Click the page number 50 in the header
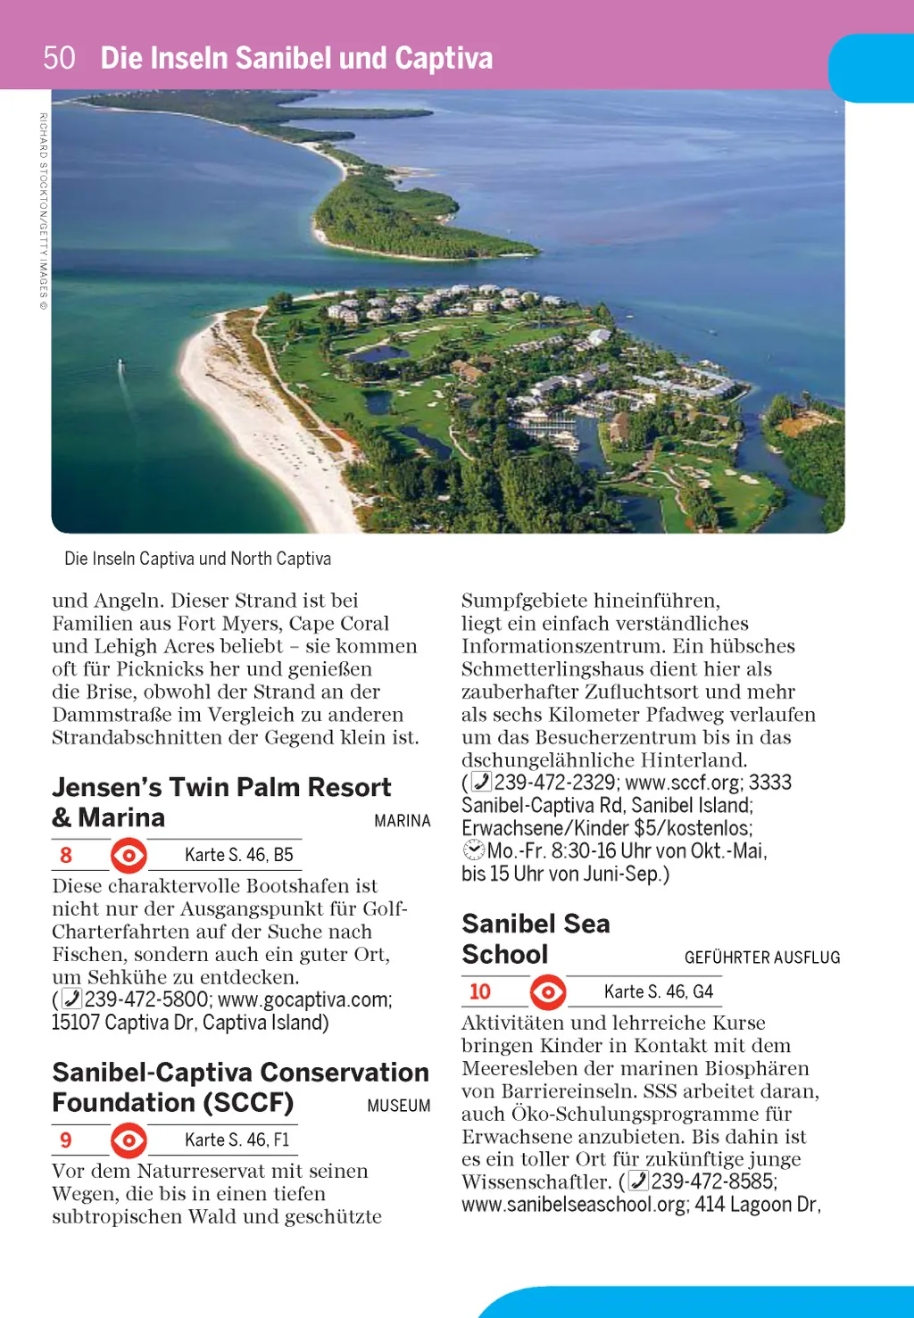click(59, 58)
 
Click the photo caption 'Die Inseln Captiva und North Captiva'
click(197, 559)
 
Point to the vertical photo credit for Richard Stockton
click(43, 211)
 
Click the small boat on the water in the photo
click(120, 364)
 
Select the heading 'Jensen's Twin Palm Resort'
click(221, 787)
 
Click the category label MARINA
click(402, 821)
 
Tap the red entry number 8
click(66, 855)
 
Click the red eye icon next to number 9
click(129, 1140)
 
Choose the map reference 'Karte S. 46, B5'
click(238, 855)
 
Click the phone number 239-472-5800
click(147, 999)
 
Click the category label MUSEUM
click(398, 1106)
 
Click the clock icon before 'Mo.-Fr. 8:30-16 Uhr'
click(474, 850)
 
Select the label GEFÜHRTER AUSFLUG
click(761, 957)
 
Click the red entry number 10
click(479, 991)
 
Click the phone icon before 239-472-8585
click(639, 1181)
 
